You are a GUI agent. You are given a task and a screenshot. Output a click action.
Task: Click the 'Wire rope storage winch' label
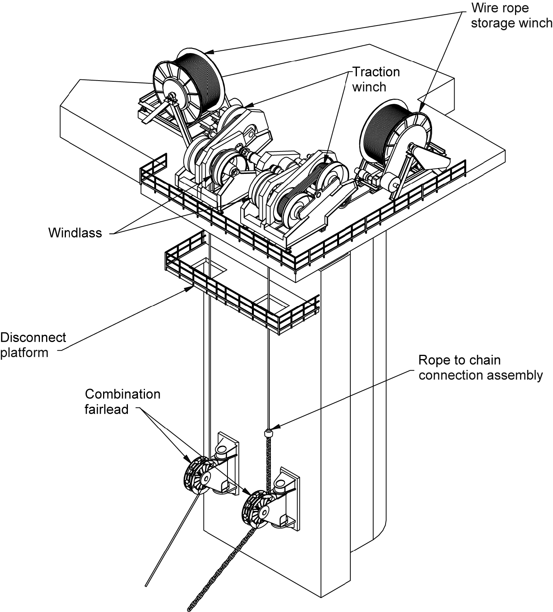[511, 15]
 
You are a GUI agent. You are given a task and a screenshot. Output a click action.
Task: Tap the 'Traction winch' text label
[375, 79]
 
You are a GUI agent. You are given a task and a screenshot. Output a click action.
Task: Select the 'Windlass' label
[75, 233]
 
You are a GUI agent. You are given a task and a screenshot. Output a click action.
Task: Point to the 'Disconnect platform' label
[33, 345]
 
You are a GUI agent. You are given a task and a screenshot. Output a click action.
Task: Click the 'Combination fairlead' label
[122, 402]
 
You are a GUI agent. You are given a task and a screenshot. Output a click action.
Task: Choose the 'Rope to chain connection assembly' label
[480, 368]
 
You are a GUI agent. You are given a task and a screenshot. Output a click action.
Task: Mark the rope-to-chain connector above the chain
[267, 432]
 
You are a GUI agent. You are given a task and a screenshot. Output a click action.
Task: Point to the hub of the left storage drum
[172, 95]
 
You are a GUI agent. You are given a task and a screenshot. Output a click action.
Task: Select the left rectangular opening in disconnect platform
[205, 269]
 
